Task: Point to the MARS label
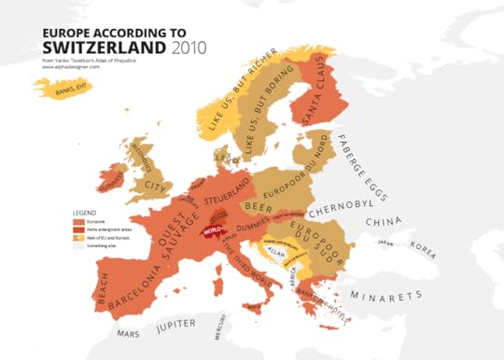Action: (x=128, y=332)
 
